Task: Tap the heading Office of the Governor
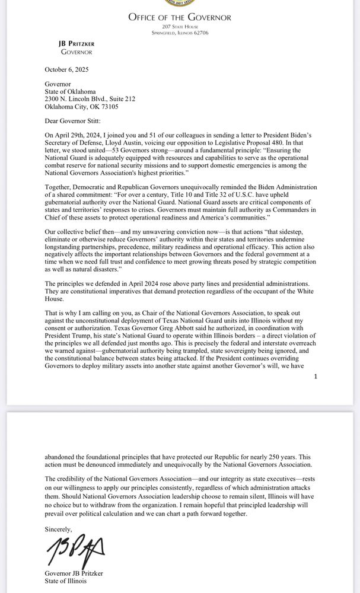[x=179, y=17]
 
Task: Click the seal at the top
[x=179, y=4]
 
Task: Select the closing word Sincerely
[x=59, y=528]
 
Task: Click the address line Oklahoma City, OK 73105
[x=81, y=107]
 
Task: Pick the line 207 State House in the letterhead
[x=179, y=27]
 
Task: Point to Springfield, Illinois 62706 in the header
[x=179, y=33]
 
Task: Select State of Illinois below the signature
[x=65, y=581]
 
